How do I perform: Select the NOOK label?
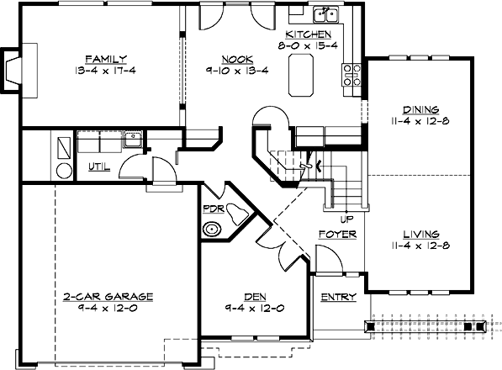point(233,59)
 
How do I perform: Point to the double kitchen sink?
point(324,14)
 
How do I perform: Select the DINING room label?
point(425,108)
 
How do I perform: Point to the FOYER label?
point(337,234)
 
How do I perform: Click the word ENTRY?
point(340,297)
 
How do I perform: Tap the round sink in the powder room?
point(212,229)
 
